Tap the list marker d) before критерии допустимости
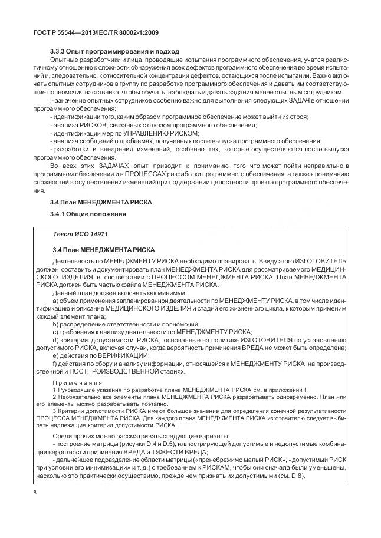tap(56, 341)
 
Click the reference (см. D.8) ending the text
tap(291, 476)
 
